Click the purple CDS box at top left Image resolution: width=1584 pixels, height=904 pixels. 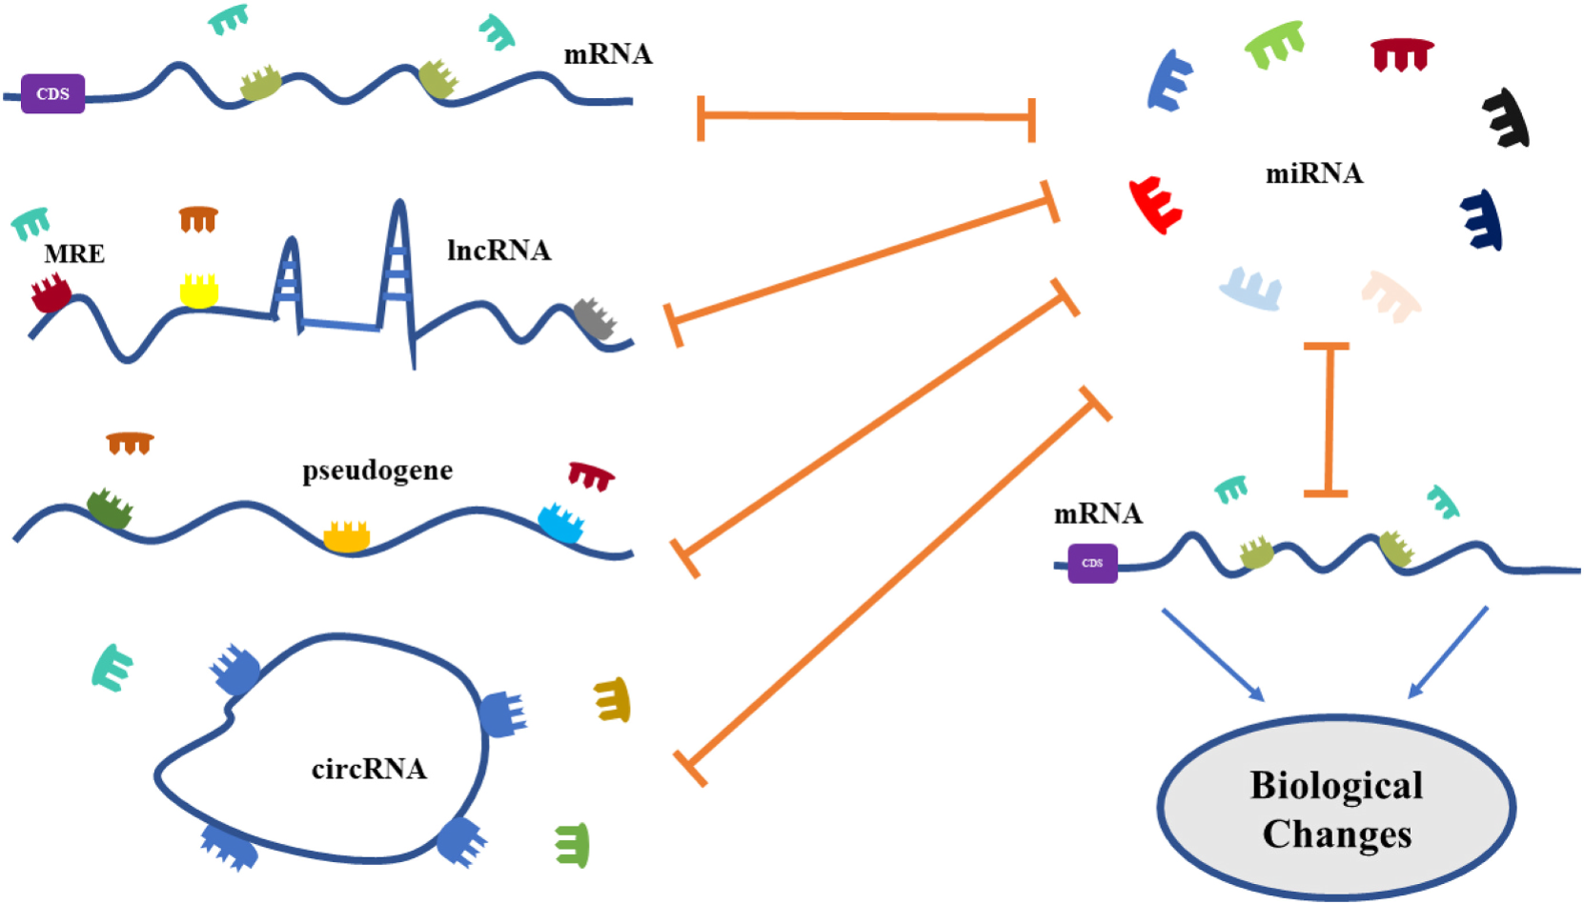pos(52,93)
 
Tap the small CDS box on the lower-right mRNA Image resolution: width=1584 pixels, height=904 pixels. pos(1092,563)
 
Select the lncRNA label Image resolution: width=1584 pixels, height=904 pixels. pos(498,251)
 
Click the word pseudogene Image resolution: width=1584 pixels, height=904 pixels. pos(377,471)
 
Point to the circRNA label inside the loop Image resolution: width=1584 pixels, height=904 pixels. pos(369,769)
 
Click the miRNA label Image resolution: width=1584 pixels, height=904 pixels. pos(1313,173)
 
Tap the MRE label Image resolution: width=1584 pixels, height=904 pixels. pos(74,254)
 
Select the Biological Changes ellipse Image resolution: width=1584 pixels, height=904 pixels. pos(1336,808)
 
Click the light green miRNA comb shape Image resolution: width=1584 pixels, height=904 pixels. pos(1275,45)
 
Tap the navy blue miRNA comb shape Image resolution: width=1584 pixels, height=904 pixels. pos(1483,220)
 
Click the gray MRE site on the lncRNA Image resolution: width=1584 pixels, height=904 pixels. pos(595,319)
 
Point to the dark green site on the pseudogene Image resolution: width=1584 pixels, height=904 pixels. pos(110,509)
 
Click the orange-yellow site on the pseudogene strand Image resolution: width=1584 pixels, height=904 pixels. pos(346,537)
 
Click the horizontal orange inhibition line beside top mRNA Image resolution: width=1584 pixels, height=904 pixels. pos(865,117)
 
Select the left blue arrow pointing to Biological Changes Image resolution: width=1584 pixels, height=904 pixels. pos(1212,654)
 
